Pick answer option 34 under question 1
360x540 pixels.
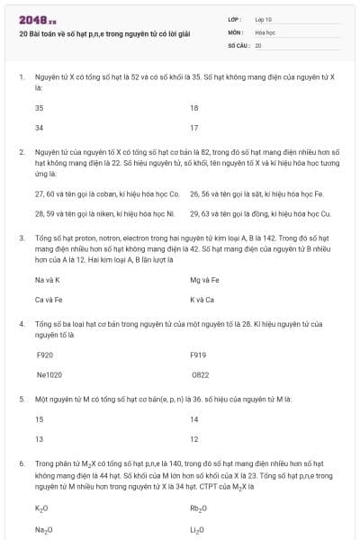(x=40, y=128)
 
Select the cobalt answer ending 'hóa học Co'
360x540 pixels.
(x=107, y=193)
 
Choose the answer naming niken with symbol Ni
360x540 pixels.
(x=104, y=213)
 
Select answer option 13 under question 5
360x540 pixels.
(x=40, y=439)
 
